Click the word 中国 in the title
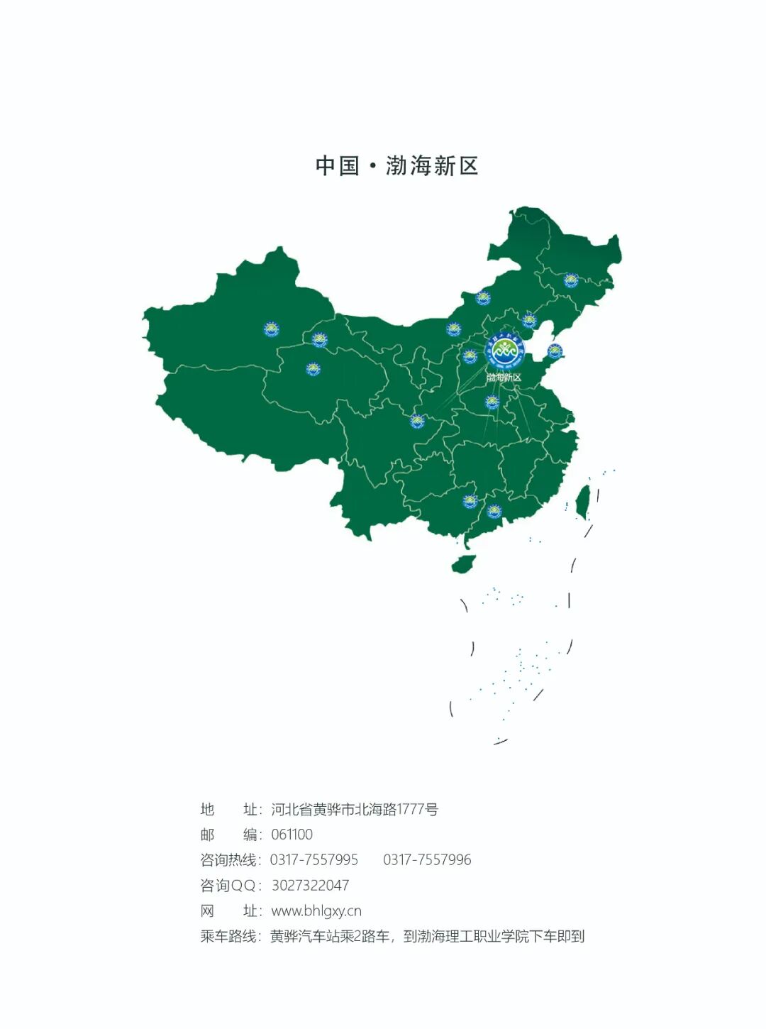337,166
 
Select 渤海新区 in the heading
432,166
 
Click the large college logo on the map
505,350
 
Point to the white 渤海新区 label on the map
504,378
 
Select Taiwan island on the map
582,500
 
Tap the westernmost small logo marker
271,329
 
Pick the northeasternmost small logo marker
570,280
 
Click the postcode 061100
292,835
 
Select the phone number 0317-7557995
313,860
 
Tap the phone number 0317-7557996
427,860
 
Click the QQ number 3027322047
310,886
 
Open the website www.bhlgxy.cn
316,911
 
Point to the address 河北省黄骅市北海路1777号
355,810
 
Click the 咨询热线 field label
228,860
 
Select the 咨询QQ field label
228,886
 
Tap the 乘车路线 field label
228,937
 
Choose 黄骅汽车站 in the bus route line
306,937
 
